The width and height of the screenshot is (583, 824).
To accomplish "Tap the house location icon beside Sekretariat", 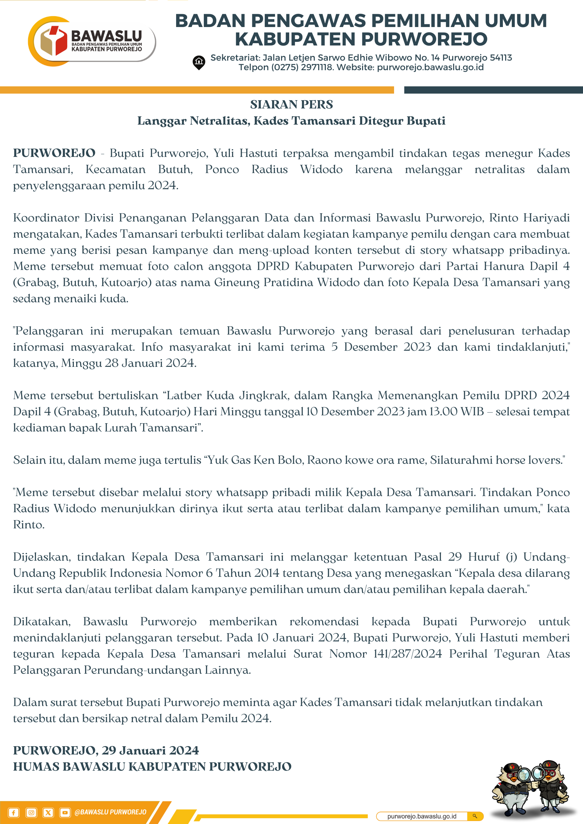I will tap(199, 62).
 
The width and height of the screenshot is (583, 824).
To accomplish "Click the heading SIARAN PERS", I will tap(291, 104).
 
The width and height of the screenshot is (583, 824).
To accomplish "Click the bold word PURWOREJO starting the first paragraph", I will tap(54, 153).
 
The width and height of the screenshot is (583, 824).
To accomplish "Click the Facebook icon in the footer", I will tap(14, 812).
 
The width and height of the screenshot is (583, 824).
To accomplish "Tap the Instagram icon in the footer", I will tap(31, 812).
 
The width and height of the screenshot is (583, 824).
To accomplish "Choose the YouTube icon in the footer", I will tap(65, 812).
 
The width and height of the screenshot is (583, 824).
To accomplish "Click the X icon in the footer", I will tap(48, 812).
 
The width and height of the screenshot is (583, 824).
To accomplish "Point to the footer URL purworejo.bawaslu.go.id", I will tap(421, 816).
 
